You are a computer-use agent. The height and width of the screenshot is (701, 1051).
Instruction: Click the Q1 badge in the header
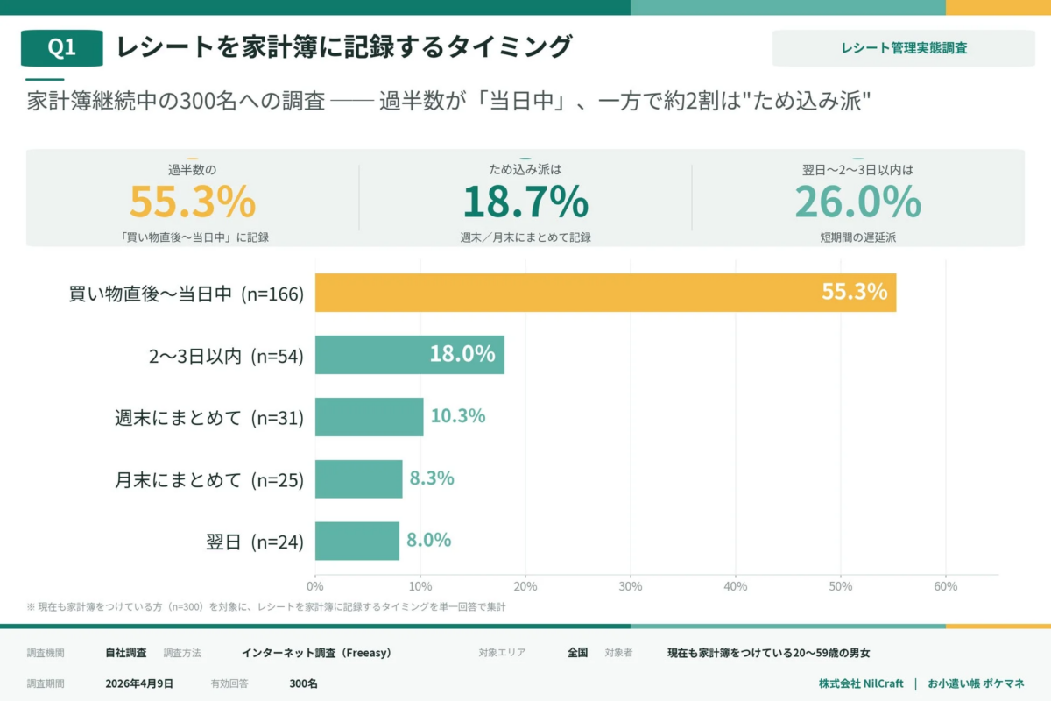(x=61, y=48)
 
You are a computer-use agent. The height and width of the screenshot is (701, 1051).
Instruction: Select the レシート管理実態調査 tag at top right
(x=903, y=48)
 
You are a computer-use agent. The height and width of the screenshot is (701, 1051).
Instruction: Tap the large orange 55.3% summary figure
(x=193, y=202)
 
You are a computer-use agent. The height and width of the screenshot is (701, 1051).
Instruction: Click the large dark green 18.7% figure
(x=525, y=202)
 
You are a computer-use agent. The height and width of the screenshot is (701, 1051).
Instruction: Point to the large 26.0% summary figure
(x=857, y=202)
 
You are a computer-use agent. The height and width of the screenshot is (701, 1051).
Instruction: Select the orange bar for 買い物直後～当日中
(x=605, y=293)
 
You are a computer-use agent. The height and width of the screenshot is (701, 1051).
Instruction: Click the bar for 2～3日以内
(x=409, y=355)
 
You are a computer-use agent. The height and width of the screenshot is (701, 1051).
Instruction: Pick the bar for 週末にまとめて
(x=369, y=417)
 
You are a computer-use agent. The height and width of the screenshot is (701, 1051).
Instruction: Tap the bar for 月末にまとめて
(x=358, y=479)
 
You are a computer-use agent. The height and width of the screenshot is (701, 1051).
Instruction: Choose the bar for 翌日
(x=356, y=541)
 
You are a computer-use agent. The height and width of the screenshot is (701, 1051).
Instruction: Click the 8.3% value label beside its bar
(x=431, y=478)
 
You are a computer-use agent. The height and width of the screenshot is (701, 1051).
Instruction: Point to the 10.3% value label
(x=458, y=416)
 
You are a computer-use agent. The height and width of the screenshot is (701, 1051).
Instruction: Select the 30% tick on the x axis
(x=631, y=586)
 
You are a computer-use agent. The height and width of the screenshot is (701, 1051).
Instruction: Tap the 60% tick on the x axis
(x=945, y=586)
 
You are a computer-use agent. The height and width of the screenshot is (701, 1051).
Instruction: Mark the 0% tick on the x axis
(x=315, y=586)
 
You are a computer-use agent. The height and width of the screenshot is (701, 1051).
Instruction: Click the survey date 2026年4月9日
(x=139, y=683)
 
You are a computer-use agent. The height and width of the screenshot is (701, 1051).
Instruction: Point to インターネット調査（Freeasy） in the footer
(x=316, y=653)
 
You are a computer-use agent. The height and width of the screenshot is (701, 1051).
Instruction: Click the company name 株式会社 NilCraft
(x=861, y=683)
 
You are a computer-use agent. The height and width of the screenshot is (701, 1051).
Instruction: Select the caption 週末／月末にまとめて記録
(x=525, y=237)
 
